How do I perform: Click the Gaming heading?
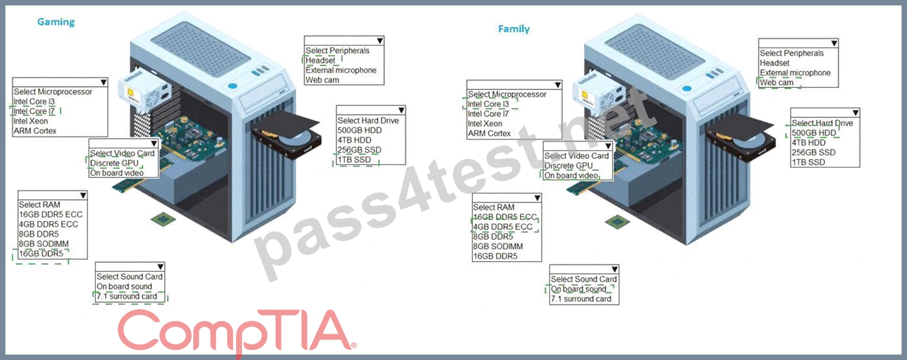click(56, 22)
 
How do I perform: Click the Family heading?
click(514, 29)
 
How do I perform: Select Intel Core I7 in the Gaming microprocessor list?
click(34, 111)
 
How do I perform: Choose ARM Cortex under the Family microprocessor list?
click(489, 133)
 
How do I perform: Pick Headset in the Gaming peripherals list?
click(320, 60)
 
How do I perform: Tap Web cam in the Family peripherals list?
click(777, 83)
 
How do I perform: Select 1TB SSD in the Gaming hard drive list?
click(355, 160)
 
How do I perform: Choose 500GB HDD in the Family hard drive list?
click(814, 133)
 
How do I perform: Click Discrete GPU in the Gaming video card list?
click(114, 163)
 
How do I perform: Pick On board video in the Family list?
click(571, 175)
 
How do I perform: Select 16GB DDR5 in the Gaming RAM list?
click(41, 254)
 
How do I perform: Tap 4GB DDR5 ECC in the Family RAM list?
click(503, 227)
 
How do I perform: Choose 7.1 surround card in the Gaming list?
click(127, 297)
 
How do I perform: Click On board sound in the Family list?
click(579, 289)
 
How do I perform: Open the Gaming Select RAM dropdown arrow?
click(83, 196)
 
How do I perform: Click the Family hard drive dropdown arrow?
click(856, 112)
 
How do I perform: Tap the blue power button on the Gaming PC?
click(233, 86)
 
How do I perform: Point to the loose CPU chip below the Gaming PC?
click(163, 219)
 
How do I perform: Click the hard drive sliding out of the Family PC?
click(740, 138)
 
